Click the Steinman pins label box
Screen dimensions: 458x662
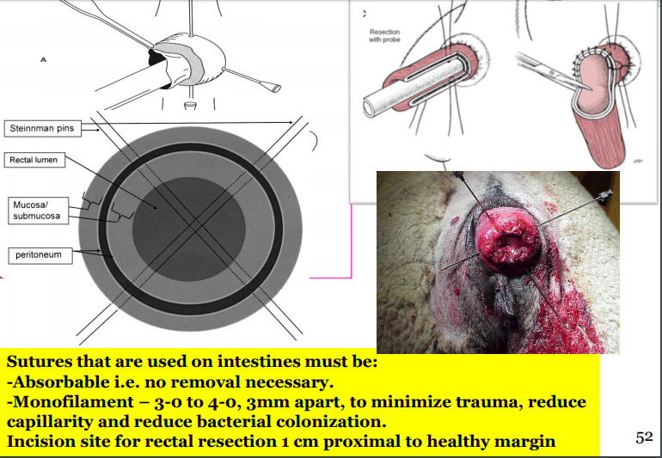click(41, 128)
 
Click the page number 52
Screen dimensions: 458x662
click(644, 438)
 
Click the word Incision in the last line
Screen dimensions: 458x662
click(40, 442)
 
